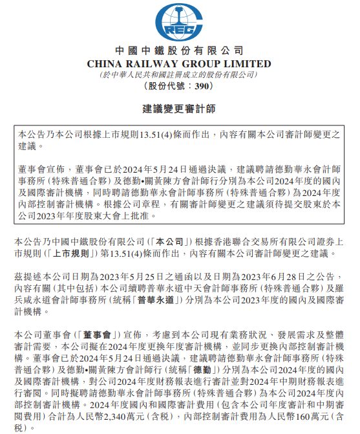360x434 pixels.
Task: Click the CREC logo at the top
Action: pos(179,22)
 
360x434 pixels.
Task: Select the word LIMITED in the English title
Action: pos(248,63)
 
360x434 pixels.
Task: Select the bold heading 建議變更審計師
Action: pos(180,108)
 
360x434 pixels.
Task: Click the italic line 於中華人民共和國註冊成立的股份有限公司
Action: pos(180,74)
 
